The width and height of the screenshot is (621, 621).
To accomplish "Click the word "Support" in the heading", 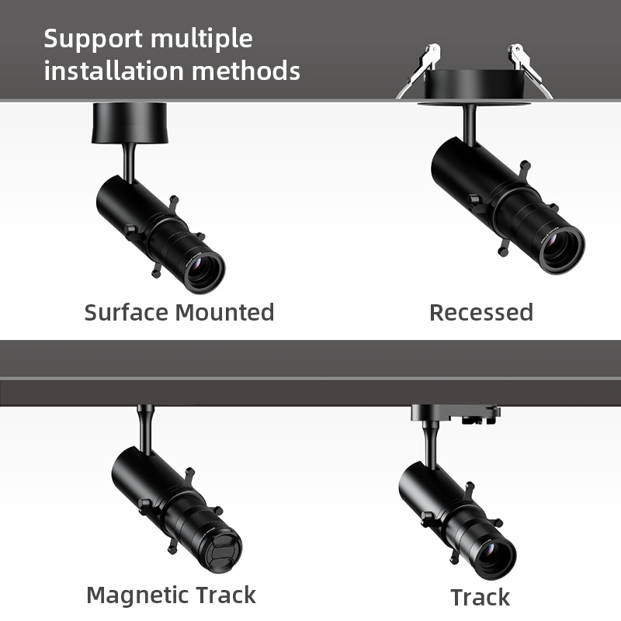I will (92, 39).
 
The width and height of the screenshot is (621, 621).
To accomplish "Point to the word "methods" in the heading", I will (247, 71).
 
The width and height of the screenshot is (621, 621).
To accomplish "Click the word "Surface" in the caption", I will (127, 312).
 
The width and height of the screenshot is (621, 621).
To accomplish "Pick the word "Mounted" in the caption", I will (224, 312).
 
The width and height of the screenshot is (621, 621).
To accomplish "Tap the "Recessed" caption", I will (481, 312).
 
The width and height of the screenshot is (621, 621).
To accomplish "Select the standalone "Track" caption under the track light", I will (480, 597).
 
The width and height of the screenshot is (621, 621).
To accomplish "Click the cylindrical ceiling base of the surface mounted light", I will (129, 123).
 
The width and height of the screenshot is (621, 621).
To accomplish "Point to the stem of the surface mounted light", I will (129, 161).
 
